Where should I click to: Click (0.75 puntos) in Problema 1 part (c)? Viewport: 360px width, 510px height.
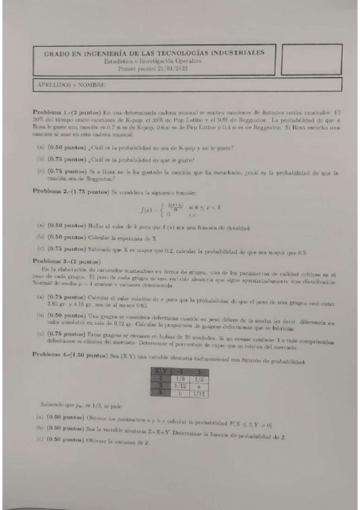point(64,171)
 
